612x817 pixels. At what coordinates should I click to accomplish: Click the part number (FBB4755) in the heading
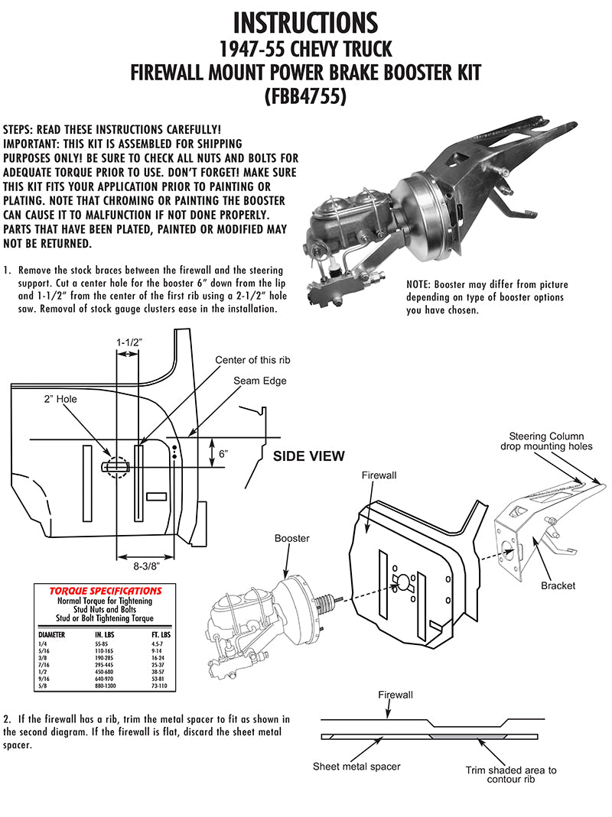point(305,99)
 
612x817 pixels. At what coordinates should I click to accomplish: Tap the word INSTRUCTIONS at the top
point(305,23)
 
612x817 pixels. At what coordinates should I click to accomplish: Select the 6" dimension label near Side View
point(224,453)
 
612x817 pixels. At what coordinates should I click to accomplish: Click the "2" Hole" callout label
point(58,399)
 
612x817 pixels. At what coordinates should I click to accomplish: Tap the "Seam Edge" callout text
point(256,379)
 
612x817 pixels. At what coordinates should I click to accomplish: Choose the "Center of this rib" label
point(252,360)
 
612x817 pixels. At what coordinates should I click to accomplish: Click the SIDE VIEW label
point(309,456)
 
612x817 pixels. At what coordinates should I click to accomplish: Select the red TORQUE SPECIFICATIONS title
point(105,591)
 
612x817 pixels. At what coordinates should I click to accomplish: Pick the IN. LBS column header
point(104,634)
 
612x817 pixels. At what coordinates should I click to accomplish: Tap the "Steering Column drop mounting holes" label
point(546,441)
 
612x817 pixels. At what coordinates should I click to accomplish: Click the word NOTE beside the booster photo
point(420,284)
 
